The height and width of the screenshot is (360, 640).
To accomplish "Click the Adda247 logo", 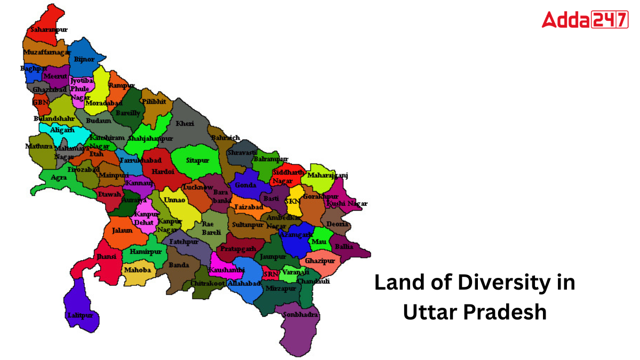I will (x=585, y=20).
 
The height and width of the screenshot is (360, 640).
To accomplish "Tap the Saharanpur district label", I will (x=49, y=30).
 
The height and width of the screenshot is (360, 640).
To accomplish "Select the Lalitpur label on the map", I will (x=80, y=315).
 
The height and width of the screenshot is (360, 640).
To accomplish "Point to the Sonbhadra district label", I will (x=300, y=315).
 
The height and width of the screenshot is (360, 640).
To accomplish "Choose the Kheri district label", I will (x=185, y=123).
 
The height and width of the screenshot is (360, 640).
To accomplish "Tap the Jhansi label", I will (x=106, y=257).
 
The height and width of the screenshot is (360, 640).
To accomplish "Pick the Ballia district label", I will (x=344, y=247).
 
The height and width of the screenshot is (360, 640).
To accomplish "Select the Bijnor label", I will (x=84, y=59).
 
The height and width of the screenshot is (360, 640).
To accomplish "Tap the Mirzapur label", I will (x=281, y=288).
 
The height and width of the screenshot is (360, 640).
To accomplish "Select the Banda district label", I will (x=179, y=265).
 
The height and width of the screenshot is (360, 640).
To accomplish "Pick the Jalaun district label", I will (x=122, y=231).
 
